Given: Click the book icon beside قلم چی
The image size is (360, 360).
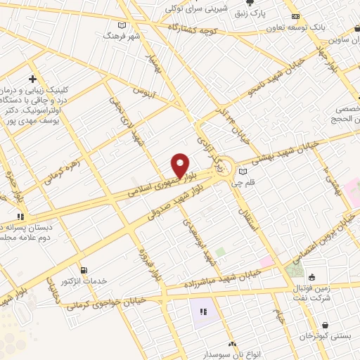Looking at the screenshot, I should point(243,171).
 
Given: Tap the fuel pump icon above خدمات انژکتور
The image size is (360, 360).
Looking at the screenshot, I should point(84,270).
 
